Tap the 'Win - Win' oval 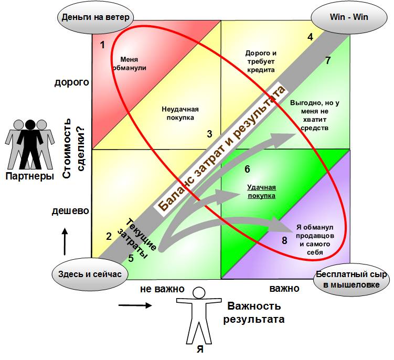click(348, 17)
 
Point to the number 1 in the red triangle click(102, 45)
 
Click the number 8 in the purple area click(284, 240)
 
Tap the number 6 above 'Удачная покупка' click(247, 169)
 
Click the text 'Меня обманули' click(129, 63)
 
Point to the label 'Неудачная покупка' click(179, 113)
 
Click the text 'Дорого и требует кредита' click(261, 61)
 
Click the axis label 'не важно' click(162, 289)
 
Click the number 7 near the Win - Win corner click(327, 60)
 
